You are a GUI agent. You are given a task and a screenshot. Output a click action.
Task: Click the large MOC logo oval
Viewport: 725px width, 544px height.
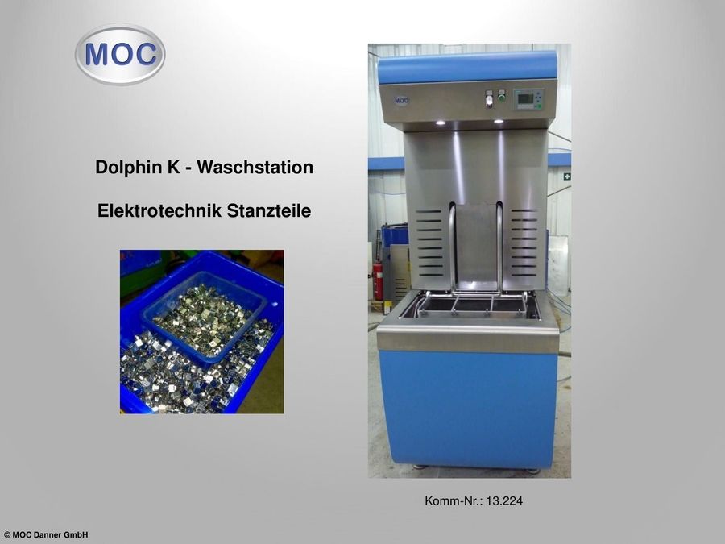[x=120, y=55]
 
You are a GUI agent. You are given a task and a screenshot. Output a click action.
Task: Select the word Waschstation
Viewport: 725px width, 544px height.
[x=255, y=167]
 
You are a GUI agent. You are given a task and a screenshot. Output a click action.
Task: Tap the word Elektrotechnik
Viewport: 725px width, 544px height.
[x=160, y=210]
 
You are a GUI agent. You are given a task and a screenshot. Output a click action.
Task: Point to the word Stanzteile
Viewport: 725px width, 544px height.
[x=268, y=210]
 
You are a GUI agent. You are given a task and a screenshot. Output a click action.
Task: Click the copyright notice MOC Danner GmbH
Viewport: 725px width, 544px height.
[x=46, y=535]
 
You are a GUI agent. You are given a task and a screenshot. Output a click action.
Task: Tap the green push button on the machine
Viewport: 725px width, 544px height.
[x=501, y=98]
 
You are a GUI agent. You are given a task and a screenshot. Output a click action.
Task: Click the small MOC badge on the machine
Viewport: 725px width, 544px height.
[x=401, y=101]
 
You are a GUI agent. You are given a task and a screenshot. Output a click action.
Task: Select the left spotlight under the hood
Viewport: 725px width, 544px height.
[x=440, y=123]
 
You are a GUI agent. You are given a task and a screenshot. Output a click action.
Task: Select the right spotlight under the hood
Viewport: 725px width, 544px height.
[x=499, y=121]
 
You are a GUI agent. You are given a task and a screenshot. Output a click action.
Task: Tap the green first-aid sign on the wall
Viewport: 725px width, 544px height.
[x=567, y=176]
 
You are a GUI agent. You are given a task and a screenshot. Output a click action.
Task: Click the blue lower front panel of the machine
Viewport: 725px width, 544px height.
[x=468, y=409]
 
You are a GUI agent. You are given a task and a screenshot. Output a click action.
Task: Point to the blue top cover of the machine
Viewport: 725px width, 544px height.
[x=467, y=68]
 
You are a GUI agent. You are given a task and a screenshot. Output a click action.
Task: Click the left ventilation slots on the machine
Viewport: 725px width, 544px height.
[x=429, y=243]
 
